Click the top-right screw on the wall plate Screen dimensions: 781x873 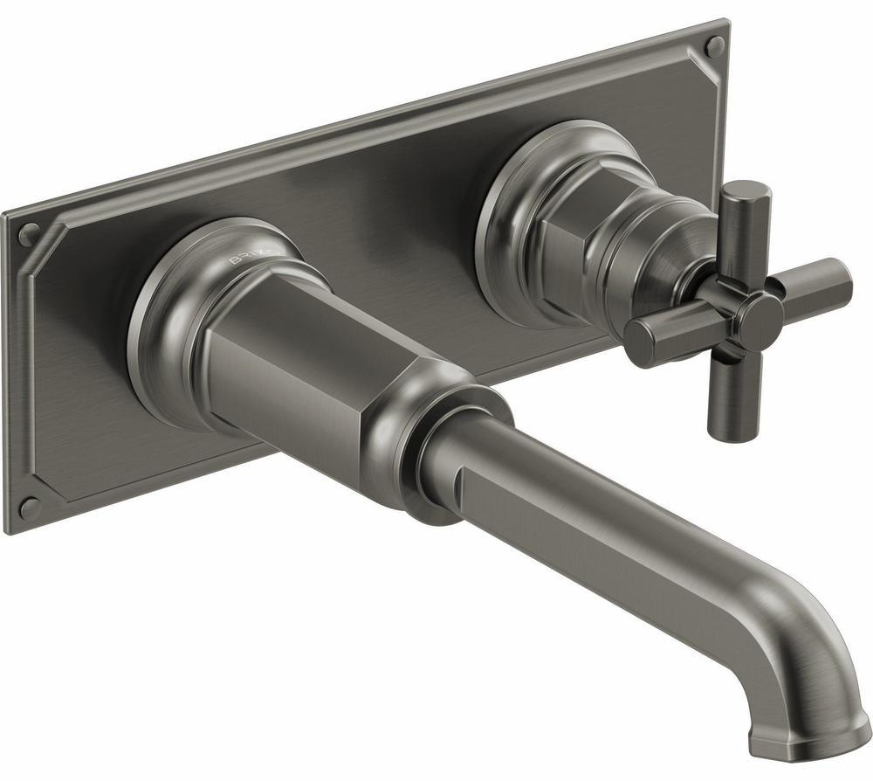point(714,46)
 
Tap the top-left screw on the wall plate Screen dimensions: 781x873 point(29,233)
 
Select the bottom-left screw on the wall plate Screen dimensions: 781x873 point(29,507)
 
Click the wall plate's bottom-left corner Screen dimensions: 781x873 point(10,529)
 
